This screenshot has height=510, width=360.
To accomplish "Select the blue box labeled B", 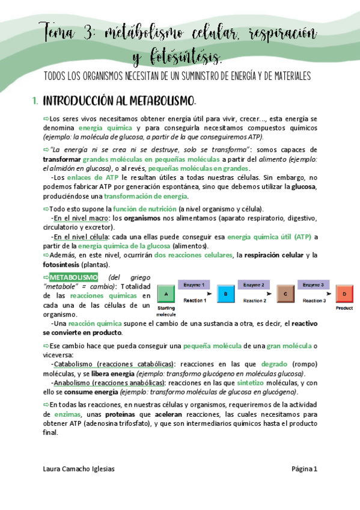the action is click(x=225, y=294).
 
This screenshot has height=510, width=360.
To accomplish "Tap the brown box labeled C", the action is click(x=285, y=294).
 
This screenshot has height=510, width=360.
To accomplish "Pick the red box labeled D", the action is click(x=344, y=294).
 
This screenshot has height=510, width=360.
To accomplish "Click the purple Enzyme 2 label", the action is click(x=255, y=284).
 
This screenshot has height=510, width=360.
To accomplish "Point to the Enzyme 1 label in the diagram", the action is click(x=195, y=284).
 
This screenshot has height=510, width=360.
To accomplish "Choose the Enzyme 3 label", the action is click(x=314, y=284).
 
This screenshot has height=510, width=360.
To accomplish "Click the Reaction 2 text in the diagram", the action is click(x=255, y=300).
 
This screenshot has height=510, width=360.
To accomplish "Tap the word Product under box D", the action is click(x=344, y=308).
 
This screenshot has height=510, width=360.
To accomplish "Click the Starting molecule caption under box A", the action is click(x=166, y=311).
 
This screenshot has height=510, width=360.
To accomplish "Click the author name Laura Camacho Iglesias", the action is click(x=79, y=469).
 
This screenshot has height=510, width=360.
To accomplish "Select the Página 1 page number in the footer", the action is click(x=307, y=469).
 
